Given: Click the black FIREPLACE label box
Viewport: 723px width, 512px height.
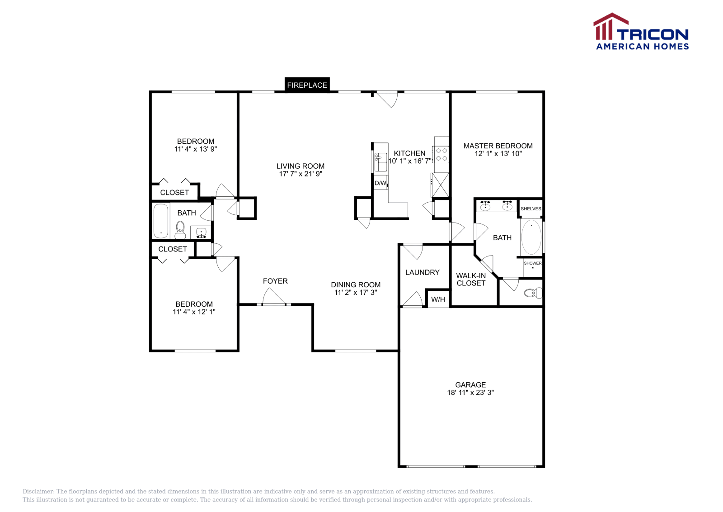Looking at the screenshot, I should (307, 85).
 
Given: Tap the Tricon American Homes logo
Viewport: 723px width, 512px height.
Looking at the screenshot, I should (641, 32).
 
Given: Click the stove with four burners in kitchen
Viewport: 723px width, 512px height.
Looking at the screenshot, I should (441, 154).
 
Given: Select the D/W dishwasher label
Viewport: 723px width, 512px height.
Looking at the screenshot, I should (380, 183).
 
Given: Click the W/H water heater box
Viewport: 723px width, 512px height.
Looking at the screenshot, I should (438, 299).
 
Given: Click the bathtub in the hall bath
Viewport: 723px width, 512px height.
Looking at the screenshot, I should (160, 221).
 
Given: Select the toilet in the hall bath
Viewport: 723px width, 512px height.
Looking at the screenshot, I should (180, 230).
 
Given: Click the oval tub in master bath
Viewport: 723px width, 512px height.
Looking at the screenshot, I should (531, 237).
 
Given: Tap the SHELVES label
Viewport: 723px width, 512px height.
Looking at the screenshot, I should (531, 209).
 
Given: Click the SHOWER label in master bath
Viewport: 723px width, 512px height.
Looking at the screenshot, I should (533, 263).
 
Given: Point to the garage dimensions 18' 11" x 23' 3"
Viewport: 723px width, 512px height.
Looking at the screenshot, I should (470, 393).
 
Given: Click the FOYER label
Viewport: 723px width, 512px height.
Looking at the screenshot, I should (275, 281).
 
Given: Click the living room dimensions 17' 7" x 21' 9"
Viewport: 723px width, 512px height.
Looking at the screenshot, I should (300, 174).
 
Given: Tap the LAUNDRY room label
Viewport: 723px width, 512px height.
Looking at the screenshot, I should (422, 272).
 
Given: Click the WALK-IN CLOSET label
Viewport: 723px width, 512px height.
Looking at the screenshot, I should (471, 279).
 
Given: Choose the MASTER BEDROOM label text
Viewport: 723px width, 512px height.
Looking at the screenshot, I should (498, 146).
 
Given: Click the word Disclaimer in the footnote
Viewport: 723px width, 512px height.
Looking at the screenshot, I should (38, 492).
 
